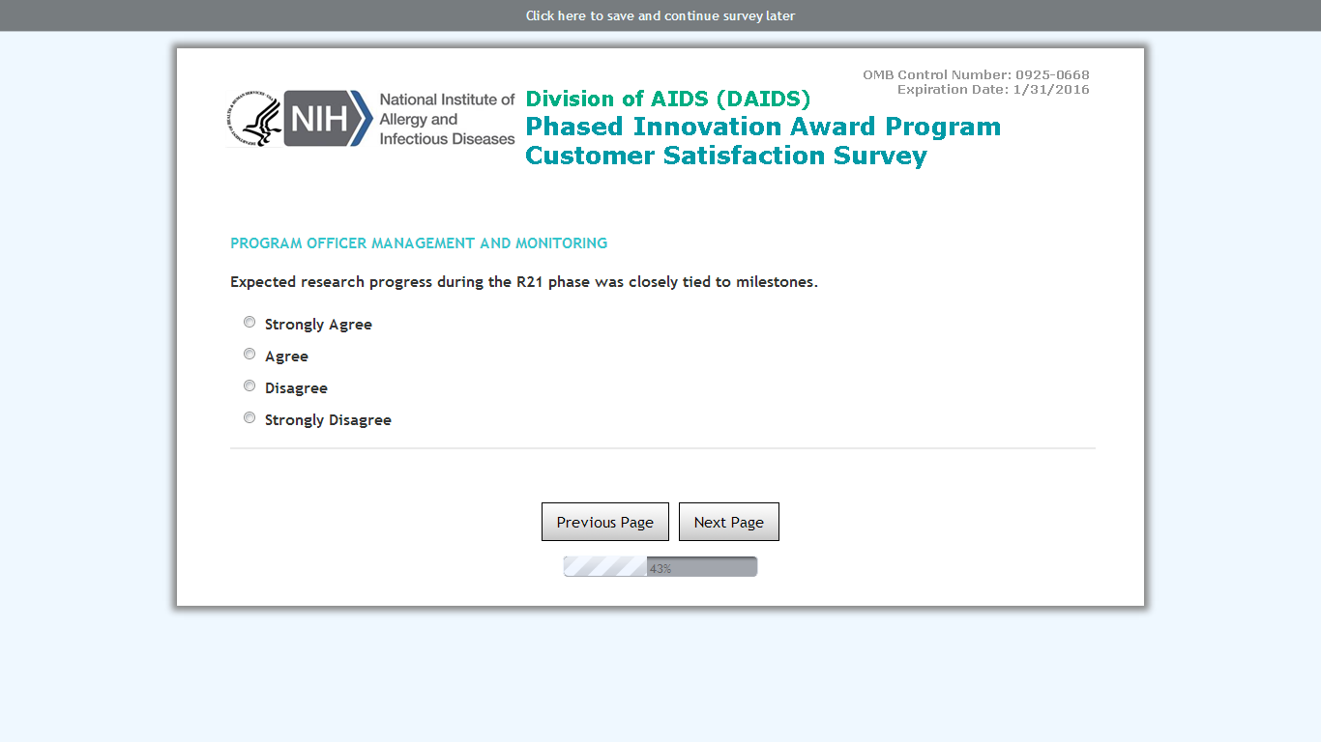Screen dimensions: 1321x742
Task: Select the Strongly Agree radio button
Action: (x=250, y=322)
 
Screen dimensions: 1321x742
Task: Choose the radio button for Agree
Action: (x=250, y=354)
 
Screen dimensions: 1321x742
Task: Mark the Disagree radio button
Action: (x=250, y=385)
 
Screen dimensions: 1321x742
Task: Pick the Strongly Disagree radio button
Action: (x=250, y=417)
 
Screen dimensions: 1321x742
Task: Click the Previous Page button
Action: (x=605, y=522)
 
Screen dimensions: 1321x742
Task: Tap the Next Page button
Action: (x=729, y=522)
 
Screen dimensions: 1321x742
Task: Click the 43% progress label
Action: (x=660, y=569)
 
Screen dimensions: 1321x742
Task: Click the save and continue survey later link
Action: (x=660, y=15)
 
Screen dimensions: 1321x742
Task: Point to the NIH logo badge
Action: (x=328, y=118)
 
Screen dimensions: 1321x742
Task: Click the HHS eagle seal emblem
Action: (x=254, y=119)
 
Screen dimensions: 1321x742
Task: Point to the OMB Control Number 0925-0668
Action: (x=976, y=74)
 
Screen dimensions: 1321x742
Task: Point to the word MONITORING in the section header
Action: (x=562, y=243)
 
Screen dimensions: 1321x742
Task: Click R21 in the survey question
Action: (x=530, y=282)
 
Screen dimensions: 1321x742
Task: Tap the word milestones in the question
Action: (x=777, y=282)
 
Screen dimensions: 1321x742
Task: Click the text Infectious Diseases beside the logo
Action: (x=447, y=139)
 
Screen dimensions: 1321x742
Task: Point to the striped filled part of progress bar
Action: (x=605, y=566)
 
